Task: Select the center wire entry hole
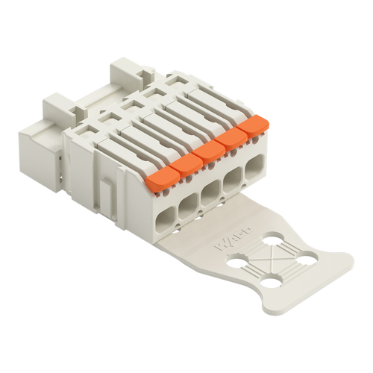(x=211, y=191)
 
